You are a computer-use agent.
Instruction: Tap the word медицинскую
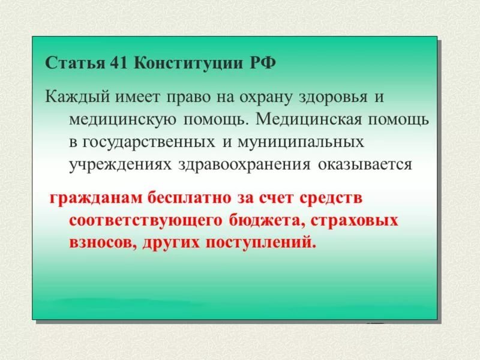coord(122,119)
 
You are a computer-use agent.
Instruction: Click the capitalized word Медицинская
coord(305,119)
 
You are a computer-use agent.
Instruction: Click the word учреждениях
coord(120,164)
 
